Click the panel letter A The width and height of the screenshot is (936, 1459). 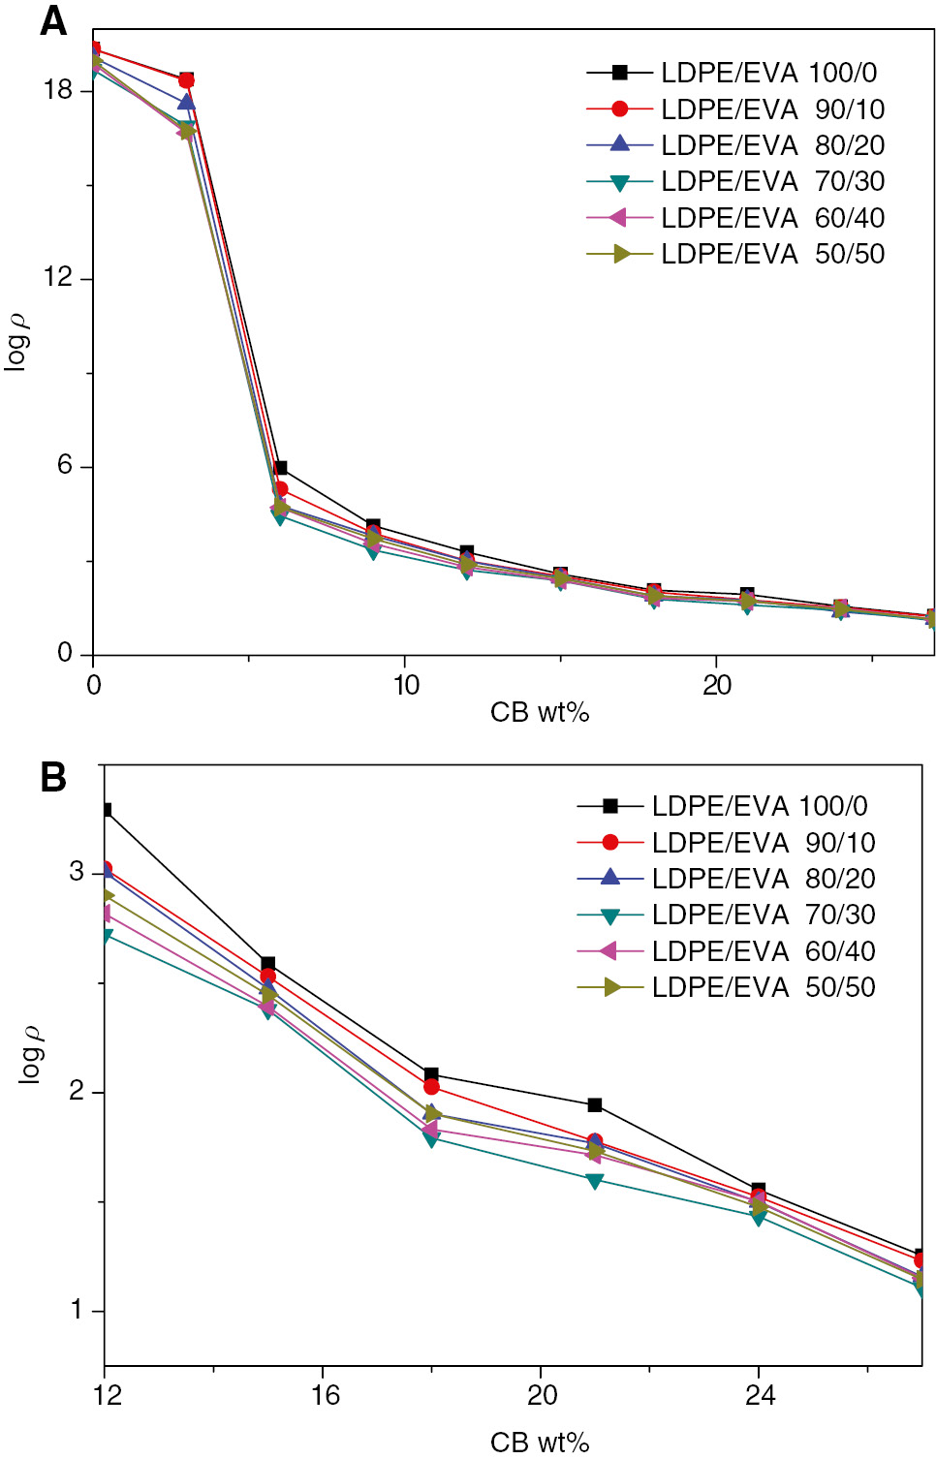pos(53,21)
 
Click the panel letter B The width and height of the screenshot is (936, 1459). pos(53,777)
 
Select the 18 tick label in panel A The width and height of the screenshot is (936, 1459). pos(58,90)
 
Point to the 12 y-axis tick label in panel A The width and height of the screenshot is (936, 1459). pos(58,278)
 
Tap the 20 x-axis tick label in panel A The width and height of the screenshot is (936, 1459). pos(717,686)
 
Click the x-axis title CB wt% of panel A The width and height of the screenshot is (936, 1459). pos(540,713)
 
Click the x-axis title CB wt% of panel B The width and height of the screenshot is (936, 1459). pos(540,1443)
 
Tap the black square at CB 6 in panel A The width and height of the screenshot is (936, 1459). pos(280,468)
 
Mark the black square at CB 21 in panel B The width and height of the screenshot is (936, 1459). pos(595,1104)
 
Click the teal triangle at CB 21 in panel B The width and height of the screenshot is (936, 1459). pos(595,1181)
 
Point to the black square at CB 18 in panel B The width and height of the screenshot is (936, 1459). pos(431,1074)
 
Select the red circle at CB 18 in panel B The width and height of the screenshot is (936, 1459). pos(431,1087)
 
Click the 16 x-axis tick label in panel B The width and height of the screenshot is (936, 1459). pos(326,1396)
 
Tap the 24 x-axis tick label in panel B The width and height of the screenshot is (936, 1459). pos(761,1396)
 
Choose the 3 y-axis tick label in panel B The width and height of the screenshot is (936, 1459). pos(77,871)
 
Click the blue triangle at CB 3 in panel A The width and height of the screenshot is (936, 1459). pos(186,101)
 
